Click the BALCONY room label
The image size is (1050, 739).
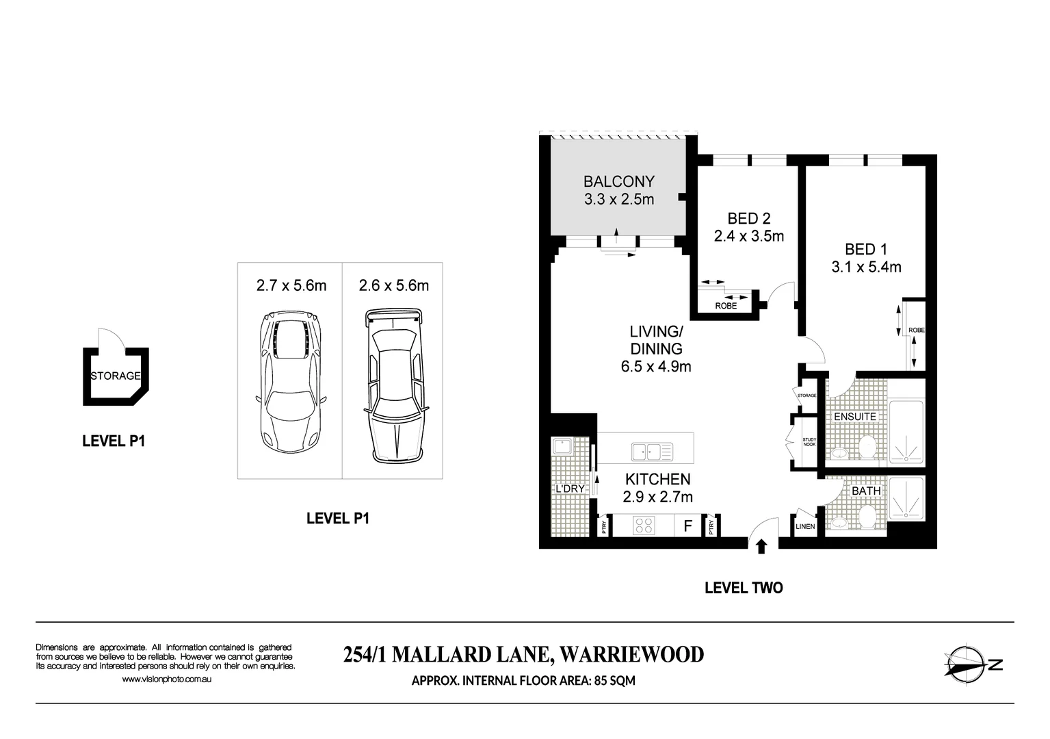[x=618, y=181]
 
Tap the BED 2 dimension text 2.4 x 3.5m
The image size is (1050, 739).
[x=748, y=237]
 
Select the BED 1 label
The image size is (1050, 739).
[x=865, y=249]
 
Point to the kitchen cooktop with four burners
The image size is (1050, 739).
[x=644, y=526]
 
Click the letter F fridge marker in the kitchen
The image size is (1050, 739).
[x=687, y=526]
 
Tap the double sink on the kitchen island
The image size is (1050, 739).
[x=652, y=452]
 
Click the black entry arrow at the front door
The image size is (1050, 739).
[x=761, y=545]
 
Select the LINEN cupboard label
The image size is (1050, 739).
[x=805, y=526]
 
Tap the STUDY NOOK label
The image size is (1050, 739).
[x=809, y=442]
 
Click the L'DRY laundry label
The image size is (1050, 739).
[x=569, y=489]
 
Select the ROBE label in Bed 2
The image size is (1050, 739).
[x=726, y=306]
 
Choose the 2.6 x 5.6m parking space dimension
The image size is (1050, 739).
[x=393, y=285]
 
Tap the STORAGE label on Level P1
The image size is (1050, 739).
[x=116, y=376]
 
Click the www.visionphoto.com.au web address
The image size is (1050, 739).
[x=166, y=679]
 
